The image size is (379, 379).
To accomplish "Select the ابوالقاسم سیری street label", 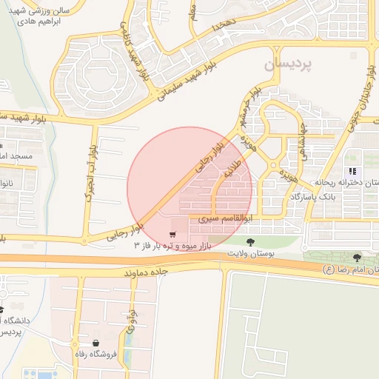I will click(x=223, y=220).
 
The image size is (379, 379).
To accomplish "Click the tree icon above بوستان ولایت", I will click(x=250, y=241).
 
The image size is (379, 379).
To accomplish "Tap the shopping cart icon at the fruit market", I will click(x=172, y=234).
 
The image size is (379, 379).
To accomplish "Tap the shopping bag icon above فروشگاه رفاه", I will click(x=97, y=343).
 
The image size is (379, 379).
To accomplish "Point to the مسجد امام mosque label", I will click(x=15, y=157).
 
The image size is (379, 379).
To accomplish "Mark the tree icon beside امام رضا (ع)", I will click(x=358, y=258).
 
